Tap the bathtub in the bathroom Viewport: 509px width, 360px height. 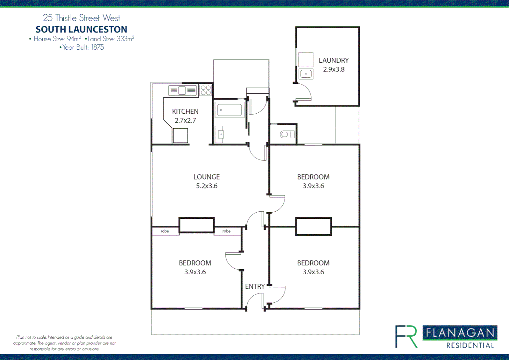230,110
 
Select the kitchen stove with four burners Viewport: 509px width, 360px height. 206,90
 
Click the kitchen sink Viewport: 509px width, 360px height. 182,90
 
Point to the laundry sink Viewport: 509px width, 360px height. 306,74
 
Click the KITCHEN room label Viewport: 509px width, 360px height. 185,111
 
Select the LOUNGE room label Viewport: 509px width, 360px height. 207,177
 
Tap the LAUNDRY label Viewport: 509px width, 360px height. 333,60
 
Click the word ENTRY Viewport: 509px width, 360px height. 255,286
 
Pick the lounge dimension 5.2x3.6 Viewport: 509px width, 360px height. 207,186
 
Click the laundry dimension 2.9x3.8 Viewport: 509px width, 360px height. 333,69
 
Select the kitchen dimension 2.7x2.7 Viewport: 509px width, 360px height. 185,120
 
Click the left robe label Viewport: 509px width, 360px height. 165,231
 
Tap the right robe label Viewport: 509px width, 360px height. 227,231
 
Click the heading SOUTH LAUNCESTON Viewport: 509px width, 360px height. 81,29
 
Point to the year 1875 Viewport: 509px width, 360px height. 98,47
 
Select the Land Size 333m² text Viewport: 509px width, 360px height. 111,39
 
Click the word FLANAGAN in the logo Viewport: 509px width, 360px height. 460,333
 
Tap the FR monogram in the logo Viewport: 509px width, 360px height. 406,337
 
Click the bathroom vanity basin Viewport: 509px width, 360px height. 220,134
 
